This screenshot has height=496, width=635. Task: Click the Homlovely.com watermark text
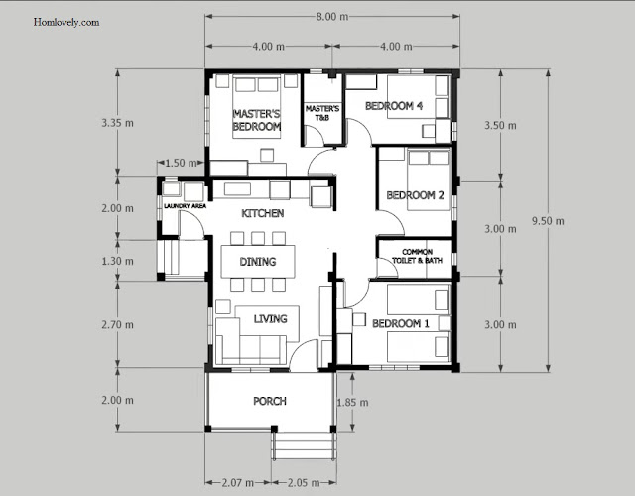click(x=66, y=22)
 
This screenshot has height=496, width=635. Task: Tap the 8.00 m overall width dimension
click(x=332, y=17)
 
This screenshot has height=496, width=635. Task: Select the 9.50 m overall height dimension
click(x=548, y=221)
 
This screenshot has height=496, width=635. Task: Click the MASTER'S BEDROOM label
click(x=257, y=120)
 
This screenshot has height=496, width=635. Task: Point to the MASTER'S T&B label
click(x=322, y=113)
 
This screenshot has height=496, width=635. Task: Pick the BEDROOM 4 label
click(x=394, y=106)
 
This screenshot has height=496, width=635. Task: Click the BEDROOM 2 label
click(x=415, y=195)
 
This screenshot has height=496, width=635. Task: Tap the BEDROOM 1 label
click(x=401, y=324)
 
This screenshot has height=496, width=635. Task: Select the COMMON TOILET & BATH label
click(x=417, y=256)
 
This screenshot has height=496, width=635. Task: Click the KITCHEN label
click(x=262, y=213)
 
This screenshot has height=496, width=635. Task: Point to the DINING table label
click(x=258, y=262)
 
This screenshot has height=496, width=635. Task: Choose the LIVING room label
click(x=271, y=319)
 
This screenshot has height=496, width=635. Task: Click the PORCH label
click(x=270, y=401)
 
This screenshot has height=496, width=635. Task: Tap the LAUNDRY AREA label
click(x=186, y=206)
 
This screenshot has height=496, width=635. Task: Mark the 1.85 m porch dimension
click(x=353, y=403)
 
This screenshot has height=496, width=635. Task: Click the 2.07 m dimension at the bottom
click(x=238, y=483)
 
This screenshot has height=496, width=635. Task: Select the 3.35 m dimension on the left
click(x=117, y=123)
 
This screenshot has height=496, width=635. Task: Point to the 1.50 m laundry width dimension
click(x=181, y=163)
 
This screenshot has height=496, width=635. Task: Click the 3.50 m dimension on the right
click(x=500, y=126)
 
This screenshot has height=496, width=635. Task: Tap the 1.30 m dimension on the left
click(x=117, y=261)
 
